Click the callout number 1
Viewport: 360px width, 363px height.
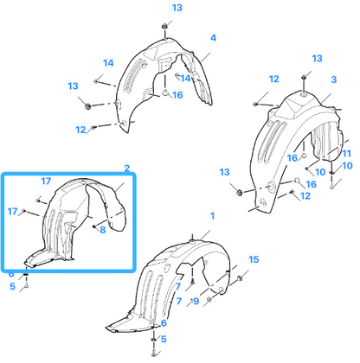point(213,216)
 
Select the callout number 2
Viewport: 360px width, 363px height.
point(127,168)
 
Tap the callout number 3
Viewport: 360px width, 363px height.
point(334,80)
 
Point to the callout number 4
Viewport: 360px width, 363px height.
point(213,38)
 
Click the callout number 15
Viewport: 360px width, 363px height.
point(254,259)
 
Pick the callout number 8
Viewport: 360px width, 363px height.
point(103,230)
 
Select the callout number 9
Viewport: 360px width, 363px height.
point(196,301)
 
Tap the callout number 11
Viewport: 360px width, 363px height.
point(346,153)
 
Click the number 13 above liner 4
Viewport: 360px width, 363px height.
point(177,8)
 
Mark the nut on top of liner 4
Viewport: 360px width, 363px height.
point(164,26)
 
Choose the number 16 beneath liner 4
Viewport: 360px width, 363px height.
point(177,95)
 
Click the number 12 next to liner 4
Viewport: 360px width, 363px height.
point(80,130)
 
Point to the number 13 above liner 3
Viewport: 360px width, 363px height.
point(317,59)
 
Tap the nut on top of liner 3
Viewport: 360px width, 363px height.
point(304,77)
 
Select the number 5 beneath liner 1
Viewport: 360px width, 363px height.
point(164,339)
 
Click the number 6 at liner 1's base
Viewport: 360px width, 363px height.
point(164,323)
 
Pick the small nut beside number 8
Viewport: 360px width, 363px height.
point(94,226)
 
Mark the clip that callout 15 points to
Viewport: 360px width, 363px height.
point(240,278)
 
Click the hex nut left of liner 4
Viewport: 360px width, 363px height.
point(88,106)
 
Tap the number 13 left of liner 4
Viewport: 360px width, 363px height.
point(73,86)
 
